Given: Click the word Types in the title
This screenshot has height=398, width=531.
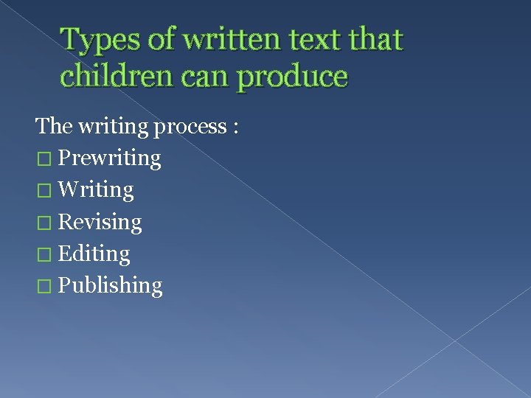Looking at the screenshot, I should (x=100, y=40).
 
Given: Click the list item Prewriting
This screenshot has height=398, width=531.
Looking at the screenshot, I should (x=109, y=158).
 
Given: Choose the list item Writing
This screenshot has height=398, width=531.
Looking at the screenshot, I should (x=96, y=190).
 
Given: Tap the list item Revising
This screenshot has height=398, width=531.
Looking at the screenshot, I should (x=100, y=222).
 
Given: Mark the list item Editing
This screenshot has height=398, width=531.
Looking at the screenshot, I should (x=94, y=254).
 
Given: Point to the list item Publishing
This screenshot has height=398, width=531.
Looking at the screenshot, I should (x=110, y=286).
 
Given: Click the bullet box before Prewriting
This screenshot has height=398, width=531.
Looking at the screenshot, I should (x=44, y=158).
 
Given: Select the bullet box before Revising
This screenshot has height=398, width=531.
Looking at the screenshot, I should (x=44, y=223).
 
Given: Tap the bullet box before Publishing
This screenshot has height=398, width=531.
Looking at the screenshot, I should (x=44, y=286).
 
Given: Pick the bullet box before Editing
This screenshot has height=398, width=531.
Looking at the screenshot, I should (x=44, y=254).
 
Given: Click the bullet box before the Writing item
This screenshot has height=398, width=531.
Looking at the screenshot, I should (x=44, y=190).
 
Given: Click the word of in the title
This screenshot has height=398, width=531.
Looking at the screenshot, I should (x=162, y=40).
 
